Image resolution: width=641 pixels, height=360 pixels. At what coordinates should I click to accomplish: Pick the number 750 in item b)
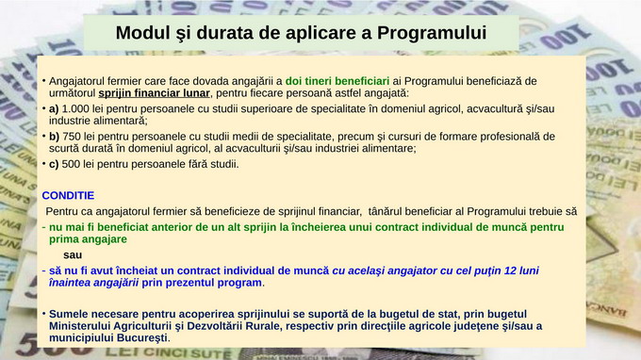pyautogui.click(x=73, y=136)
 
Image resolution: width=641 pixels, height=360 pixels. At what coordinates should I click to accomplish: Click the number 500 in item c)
pyautogui.click(x=72, y=163)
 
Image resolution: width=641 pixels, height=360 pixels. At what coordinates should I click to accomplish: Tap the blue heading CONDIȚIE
pyautogui.click(x=69, y=195)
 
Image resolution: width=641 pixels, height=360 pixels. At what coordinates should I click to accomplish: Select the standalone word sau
pyautogui.click(x=73, y=255)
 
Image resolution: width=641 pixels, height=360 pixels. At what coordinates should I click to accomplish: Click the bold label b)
pyautogui.click(x=54, y=136)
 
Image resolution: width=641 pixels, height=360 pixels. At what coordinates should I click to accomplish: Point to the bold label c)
pyautogui.click(x=54, y=163)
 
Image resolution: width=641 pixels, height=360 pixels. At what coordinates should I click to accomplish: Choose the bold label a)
pyautogui.click(x=54, y=108)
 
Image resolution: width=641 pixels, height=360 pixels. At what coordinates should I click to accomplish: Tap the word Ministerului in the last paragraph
pyautogui.click(x=83, y=325)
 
